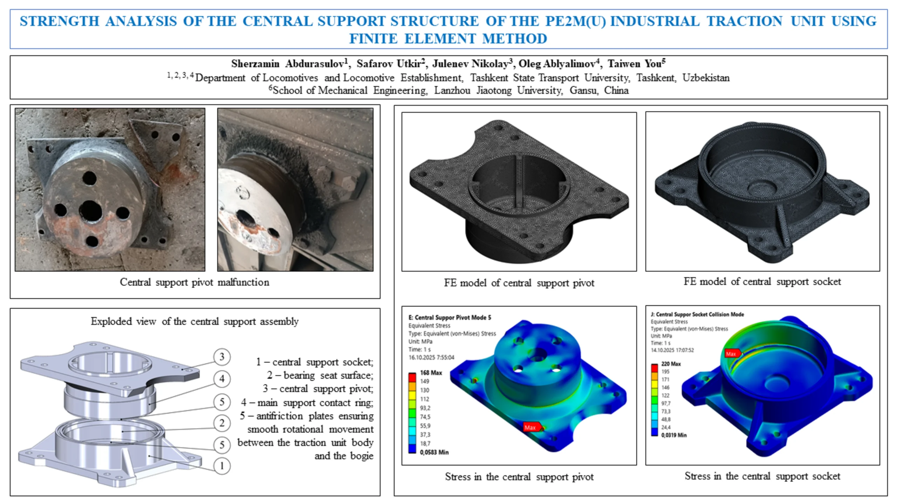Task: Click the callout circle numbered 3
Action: pyautogui.click(x=222, y=357)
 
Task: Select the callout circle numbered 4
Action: pyautogui.click(x=222, y=379)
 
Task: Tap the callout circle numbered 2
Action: pyautogui.click(x=222, y=423)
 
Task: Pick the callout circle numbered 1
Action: pyautogui.click(x=222, y=466)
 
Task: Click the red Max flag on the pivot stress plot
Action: pyautogui.click(x=530, y=427)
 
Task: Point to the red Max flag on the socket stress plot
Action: pyautogui.click(x=731, y=353)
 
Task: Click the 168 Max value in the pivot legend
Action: pyautogui.click(x=431, y=373)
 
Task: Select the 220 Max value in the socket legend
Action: pyautogui.click(x=671, y=364)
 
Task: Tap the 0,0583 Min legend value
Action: pyautogui.click(x=434, y=452)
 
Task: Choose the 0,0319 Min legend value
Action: pyautogui.click(x=674, y=435)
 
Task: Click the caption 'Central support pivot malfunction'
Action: pyautogui.click(x=194, y=282)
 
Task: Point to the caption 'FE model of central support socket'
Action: pyautogui.click(x=762, y=281)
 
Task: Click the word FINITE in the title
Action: pyautogui.click(x=373, y=38)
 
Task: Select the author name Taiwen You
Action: pyautogui.click(x=635, y=64)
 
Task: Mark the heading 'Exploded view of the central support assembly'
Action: pyautogui.click(x=194, y=321)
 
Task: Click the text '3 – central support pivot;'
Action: pyautogui.click(x=318, y=389)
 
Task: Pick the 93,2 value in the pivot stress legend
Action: pyautogui.click(x=425, y=408)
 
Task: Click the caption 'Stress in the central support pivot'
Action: pyautogui.click(x=519, y=477)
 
